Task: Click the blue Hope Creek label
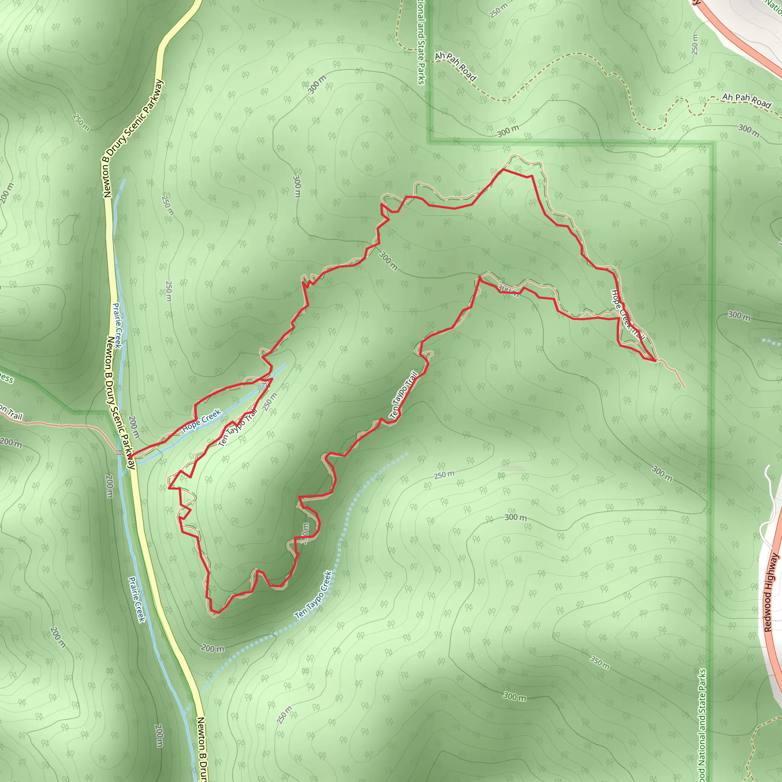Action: point(201,421)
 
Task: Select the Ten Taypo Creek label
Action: point(314,595)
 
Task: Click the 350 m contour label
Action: point(599,663)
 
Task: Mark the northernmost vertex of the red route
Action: point(503,169)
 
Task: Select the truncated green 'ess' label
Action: point(6,378)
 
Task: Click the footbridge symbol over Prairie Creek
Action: point(119,452)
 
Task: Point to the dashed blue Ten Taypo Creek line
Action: point(364,486)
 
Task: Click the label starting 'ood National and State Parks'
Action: point(702,724)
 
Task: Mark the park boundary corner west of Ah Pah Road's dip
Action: point(430,142)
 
